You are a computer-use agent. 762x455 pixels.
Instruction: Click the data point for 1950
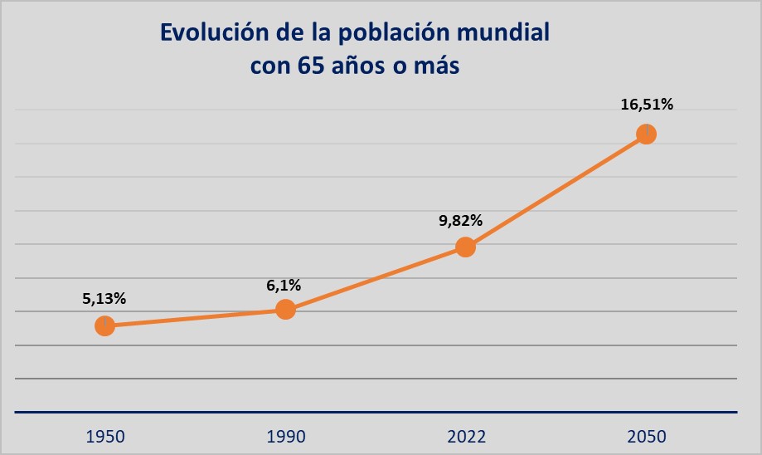click(104, 326)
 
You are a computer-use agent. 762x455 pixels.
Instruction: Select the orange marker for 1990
click(285, 310)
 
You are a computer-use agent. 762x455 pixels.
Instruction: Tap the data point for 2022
click(465, 247)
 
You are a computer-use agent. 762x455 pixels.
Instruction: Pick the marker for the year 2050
click(646, 134)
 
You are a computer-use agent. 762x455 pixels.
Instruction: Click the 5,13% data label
click(104, 299)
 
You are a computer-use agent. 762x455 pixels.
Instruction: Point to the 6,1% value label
click(284, 285)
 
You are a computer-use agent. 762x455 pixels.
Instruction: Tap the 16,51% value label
click(647, 105)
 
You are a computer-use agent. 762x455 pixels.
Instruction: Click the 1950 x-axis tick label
click(104, 436)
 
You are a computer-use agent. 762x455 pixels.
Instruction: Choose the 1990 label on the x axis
click(285, 436)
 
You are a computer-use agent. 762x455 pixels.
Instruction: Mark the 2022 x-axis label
click(465, 436)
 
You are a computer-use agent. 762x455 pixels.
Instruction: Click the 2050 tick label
click(646, 436)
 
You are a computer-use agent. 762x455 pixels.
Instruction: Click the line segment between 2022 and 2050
click(556, 190)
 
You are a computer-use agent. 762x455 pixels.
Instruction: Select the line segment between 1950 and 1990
click(195, 318)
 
